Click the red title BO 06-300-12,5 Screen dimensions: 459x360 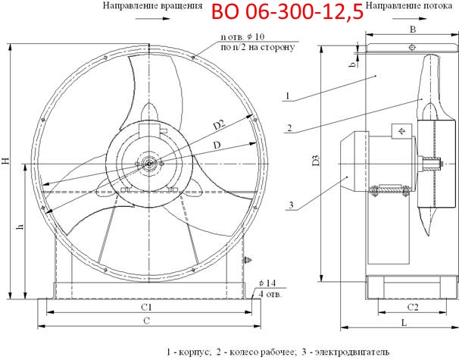point(287,11)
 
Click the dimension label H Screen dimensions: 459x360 point(6,161)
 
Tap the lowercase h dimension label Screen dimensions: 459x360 point(20,227)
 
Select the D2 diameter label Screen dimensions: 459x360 point(219,125)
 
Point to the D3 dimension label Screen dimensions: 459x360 point(316,161)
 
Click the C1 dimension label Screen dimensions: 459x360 point(146,307)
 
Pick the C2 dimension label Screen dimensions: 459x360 point(413,307)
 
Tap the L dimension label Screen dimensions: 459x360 point(404,323)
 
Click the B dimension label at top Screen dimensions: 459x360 point(413,30)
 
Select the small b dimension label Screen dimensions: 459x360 point(353,64)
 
